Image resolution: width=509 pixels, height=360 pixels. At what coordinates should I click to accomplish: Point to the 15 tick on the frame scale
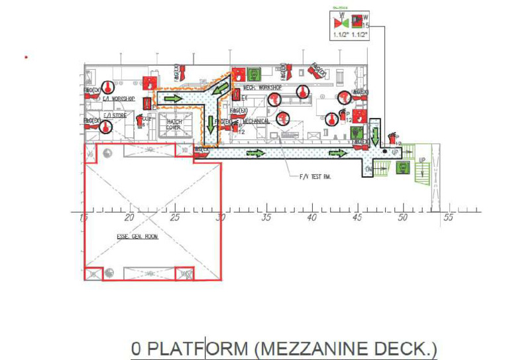pos(84,217)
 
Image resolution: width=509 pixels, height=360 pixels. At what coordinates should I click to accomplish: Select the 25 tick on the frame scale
pos(174,217)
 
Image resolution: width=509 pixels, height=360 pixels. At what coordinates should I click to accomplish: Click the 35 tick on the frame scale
pos(266,217)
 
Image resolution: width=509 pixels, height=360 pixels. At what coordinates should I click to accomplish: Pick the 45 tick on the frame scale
pos(357,217)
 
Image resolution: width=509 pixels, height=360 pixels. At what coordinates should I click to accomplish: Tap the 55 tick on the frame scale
pos(448,217)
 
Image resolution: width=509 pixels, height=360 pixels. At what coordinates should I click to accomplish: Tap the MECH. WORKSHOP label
pos(262,88)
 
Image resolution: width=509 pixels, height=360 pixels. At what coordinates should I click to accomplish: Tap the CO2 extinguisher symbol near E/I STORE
pos(141,120)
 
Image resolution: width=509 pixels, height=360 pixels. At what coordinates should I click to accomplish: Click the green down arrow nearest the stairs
pos(374,137)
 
